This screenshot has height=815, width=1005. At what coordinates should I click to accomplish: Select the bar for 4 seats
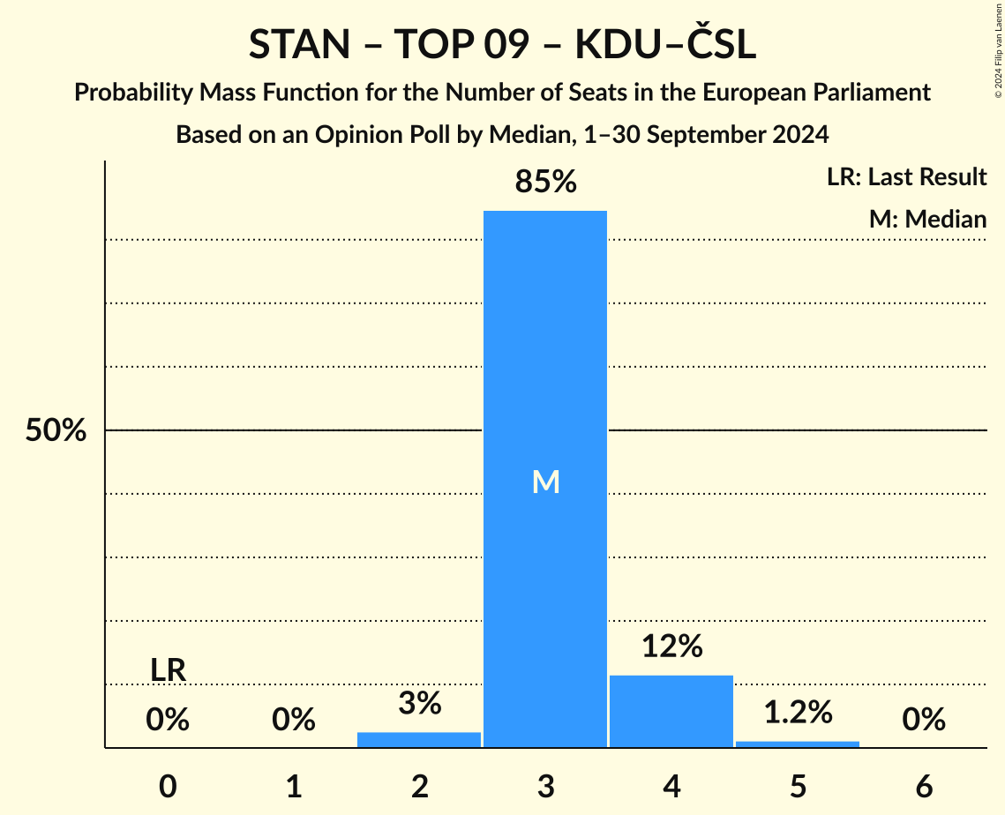click(671, 711)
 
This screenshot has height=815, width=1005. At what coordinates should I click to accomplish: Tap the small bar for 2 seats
click(419, 739)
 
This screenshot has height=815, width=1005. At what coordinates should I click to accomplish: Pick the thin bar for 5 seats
click(798, 744)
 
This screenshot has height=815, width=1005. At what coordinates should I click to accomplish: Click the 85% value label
click(545, 182)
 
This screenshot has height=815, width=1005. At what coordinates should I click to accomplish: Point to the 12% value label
click(671, 647)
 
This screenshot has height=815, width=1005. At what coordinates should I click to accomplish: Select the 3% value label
click(419, 703)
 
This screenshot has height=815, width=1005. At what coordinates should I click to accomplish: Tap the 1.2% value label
click(798, 712)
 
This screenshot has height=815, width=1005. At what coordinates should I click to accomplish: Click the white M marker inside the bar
click(546, 482)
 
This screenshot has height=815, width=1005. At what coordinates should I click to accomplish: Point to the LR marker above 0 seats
click(168, 670)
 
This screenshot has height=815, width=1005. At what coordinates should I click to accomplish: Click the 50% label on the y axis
click(56, 430)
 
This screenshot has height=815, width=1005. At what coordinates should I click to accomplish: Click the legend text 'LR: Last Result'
click(906, 177)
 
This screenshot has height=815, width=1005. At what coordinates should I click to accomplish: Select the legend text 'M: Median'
click(927, 219)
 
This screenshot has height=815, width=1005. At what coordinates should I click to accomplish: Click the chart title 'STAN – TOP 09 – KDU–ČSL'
click(502, 46)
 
